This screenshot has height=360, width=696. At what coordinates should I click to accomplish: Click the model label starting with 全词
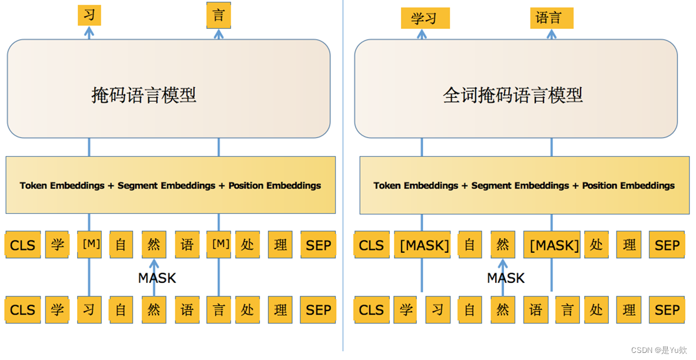(512, 95)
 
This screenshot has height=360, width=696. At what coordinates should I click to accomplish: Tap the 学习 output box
(425, 18)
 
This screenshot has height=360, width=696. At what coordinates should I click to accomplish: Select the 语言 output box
(551, 18)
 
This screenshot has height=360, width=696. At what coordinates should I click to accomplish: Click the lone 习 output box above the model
(89, 15)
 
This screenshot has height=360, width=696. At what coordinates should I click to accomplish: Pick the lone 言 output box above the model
(218, 15)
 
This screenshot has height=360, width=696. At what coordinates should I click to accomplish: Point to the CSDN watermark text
(659, 350)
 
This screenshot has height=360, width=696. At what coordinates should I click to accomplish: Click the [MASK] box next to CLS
(425, 245)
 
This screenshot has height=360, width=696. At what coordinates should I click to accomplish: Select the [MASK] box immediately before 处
(554, 245)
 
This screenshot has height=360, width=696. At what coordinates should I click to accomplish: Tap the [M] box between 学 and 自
(90, 244)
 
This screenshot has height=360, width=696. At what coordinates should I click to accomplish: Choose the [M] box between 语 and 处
(219, 244)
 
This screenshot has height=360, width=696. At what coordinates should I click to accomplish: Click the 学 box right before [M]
(57, 245)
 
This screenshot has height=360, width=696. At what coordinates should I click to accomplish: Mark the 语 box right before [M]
(187, 245)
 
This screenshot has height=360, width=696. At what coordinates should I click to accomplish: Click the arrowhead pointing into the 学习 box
(422, 34)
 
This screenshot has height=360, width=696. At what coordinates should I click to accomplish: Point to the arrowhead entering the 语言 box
(551, 34)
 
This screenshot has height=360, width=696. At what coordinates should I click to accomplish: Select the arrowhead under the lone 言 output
(218, 34)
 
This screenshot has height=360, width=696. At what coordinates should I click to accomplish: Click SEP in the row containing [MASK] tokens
(667, 245)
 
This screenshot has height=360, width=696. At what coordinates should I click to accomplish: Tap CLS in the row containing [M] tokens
(23, 245)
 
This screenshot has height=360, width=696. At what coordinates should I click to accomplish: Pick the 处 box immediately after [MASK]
(596, 245)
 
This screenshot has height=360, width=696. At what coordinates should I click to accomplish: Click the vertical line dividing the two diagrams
(343, 177)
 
